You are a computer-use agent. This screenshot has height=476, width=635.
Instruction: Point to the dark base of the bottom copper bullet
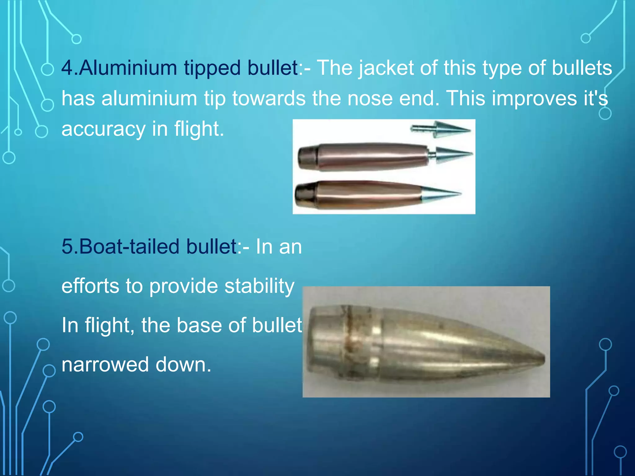[x=304, y=194]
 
